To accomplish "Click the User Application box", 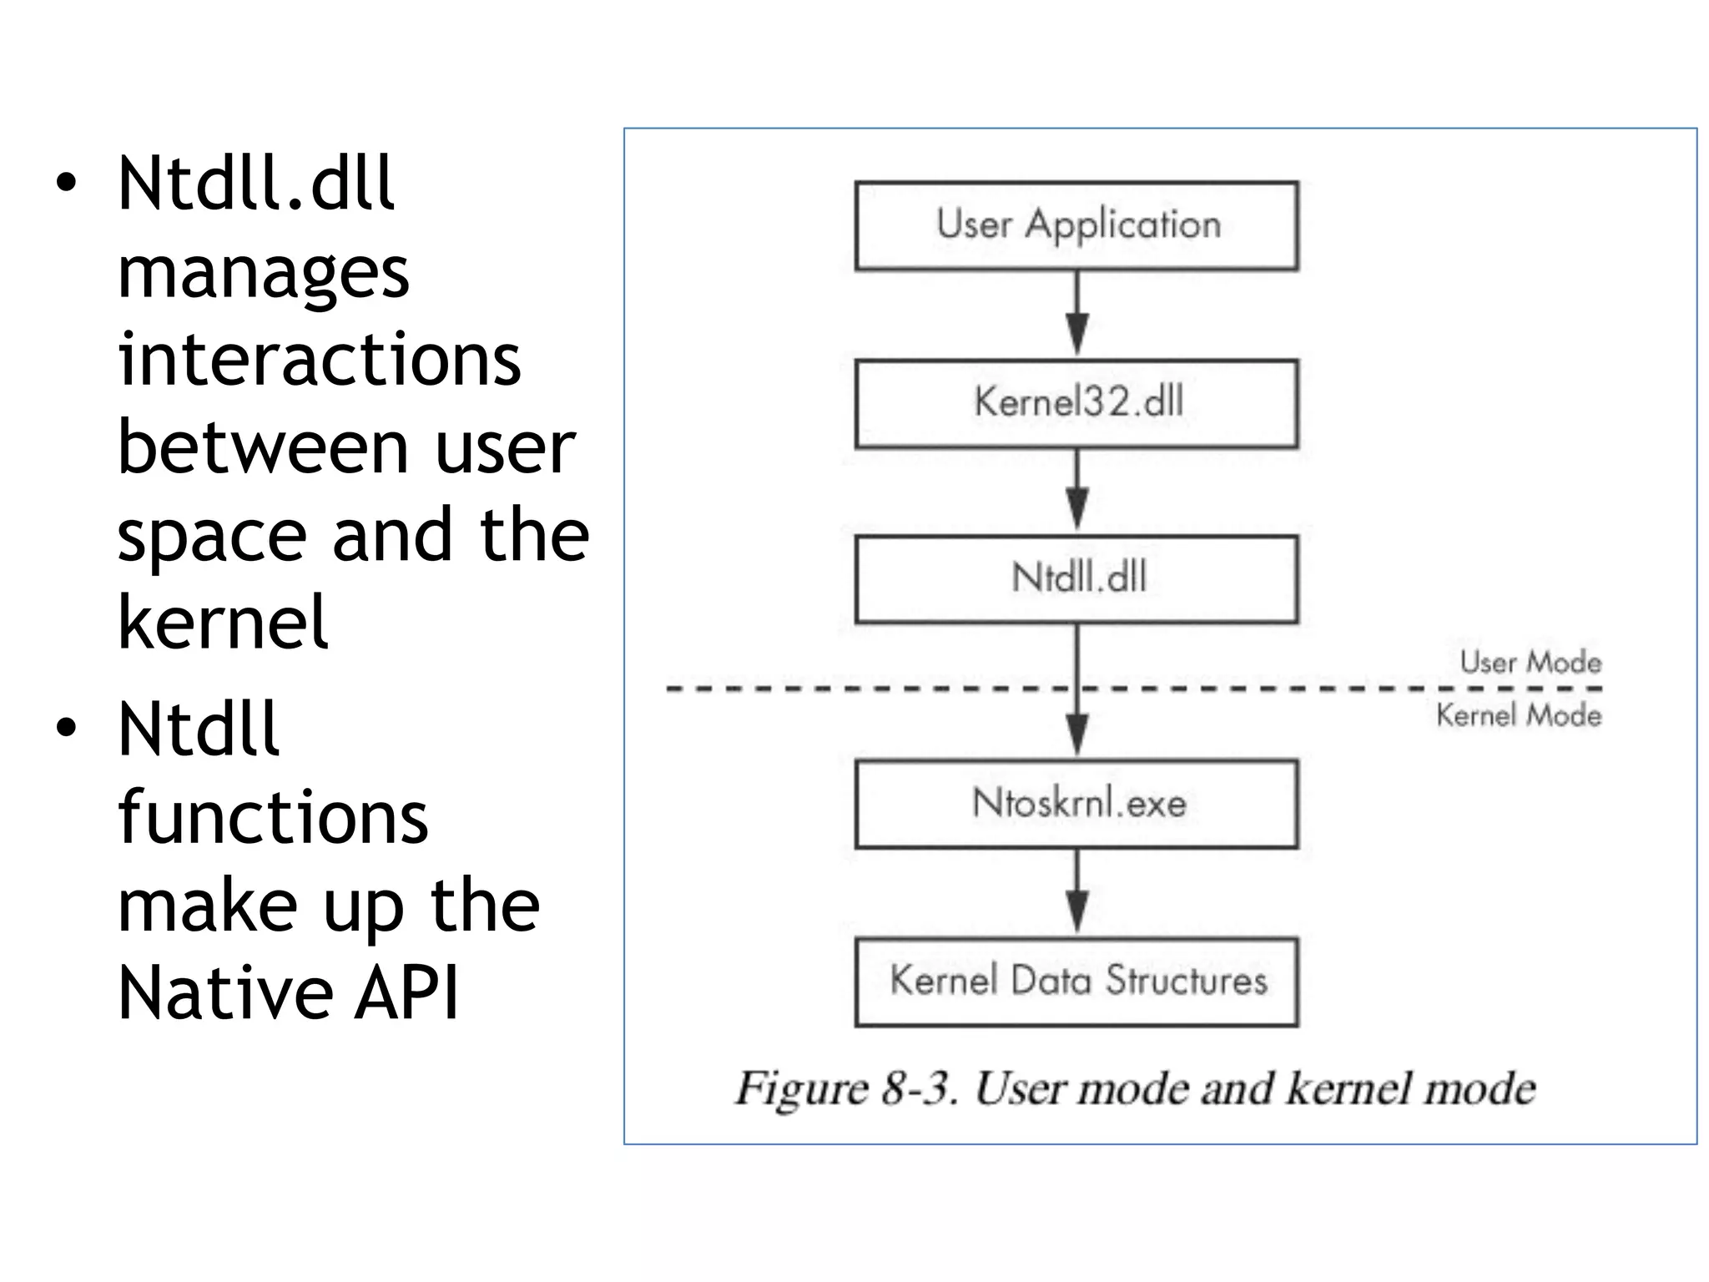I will point(1076,225).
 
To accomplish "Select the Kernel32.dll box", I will point(1076,403).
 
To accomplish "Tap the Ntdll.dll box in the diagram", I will point(1076,579).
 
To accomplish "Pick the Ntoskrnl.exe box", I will point(1076,804).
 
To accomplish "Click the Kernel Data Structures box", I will point(1076,982).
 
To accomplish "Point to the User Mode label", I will point(1530,663).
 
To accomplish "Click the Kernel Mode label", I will point(1518,715).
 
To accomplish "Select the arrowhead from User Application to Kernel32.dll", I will point(1077,332).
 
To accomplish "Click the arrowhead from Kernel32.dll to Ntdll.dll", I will point(1077,506).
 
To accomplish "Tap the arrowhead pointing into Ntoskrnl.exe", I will point(1077,733).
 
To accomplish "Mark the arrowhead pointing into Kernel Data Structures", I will point(1077,910).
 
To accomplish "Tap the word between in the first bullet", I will point(263,447).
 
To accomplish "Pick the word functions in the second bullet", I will point(272,817).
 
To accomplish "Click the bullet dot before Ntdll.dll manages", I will point(66,183).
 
